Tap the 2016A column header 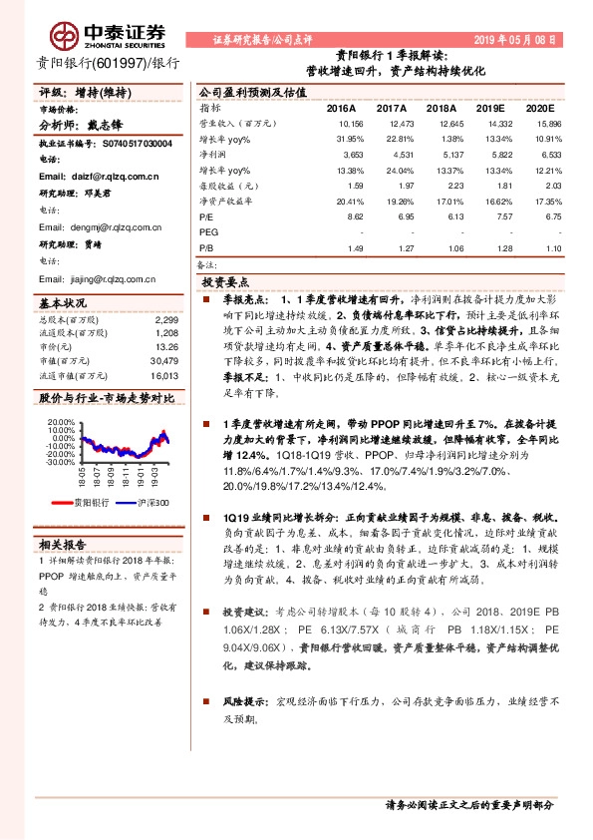[341, 108]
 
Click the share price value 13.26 [166, 347]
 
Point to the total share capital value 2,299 [166, 319]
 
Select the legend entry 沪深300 [151, 503]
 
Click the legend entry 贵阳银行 [88, 503]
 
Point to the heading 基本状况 [63, 302]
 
